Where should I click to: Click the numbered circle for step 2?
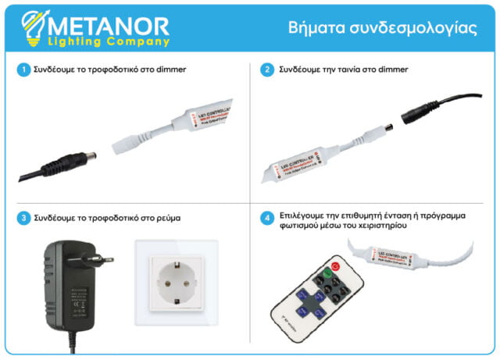267,70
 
